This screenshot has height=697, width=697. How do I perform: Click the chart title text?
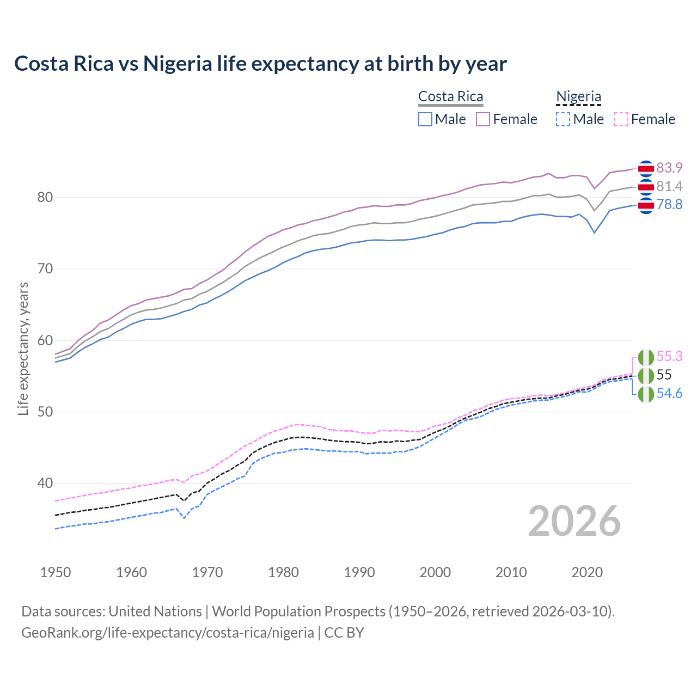[x=260, y=64]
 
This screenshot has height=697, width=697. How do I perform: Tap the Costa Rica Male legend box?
[x=425, y=119]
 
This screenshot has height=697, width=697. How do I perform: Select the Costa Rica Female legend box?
[x=483, y=119]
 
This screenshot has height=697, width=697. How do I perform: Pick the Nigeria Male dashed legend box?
[x=563, y=119]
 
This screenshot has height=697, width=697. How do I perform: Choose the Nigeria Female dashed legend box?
[x=621, y=119]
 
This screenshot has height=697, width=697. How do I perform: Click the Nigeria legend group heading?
[x=578, y=96]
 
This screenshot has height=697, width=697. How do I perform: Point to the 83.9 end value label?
[x=669, y=168]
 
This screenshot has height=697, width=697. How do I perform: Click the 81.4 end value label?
[x=669, y=186]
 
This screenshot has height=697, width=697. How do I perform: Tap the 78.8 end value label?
[x=669, y=204]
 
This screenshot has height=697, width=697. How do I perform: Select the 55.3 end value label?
[x=669, y=356]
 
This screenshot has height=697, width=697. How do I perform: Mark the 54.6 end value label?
[x=669, y=393]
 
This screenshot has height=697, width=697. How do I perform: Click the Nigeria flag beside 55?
[x=646, y=376]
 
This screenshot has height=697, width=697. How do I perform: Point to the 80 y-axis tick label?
[x=45, y=197]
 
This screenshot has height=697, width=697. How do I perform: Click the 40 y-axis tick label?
[x=45, y=483]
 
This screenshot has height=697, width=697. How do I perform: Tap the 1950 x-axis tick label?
[x=56, y=572]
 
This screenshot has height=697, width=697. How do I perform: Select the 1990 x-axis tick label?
[x=359, y=572]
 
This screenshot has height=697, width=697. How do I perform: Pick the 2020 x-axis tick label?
[x=587, y=572]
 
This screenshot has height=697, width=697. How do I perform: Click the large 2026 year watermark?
[x=574, y=521]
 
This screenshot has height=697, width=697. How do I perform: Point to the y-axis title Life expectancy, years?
[x=23, y=348]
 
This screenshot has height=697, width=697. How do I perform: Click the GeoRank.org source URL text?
[x=168, y=633]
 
